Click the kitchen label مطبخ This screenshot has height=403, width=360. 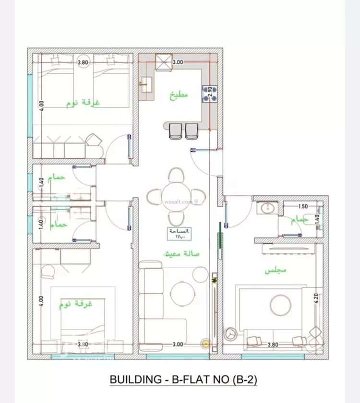pos(179,94)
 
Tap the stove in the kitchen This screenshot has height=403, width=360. pos(209,93)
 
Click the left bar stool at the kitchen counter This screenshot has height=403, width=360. pos(176,130)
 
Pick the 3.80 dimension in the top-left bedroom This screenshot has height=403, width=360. pos(83,62)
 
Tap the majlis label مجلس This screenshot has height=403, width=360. pos(276,271)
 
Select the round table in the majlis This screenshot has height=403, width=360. pos(279,303)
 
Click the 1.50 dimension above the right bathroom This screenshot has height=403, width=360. pos(303,207)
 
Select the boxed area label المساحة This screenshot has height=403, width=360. pos(180,233)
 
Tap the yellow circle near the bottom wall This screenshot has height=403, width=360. pos(206,344)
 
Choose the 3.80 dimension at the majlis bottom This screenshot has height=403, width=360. pos(272,344)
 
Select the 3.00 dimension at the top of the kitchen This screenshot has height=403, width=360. pos(178,62)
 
